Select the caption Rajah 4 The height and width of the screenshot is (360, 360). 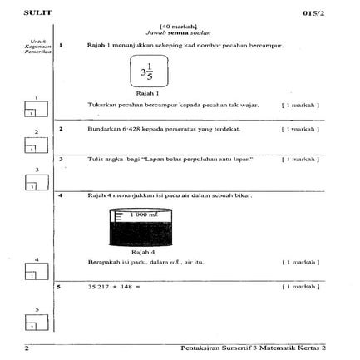[143, 249]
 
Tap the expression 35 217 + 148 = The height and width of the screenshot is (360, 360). [113, 287]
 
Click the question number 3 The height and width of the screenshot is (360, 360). [60, 158]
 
